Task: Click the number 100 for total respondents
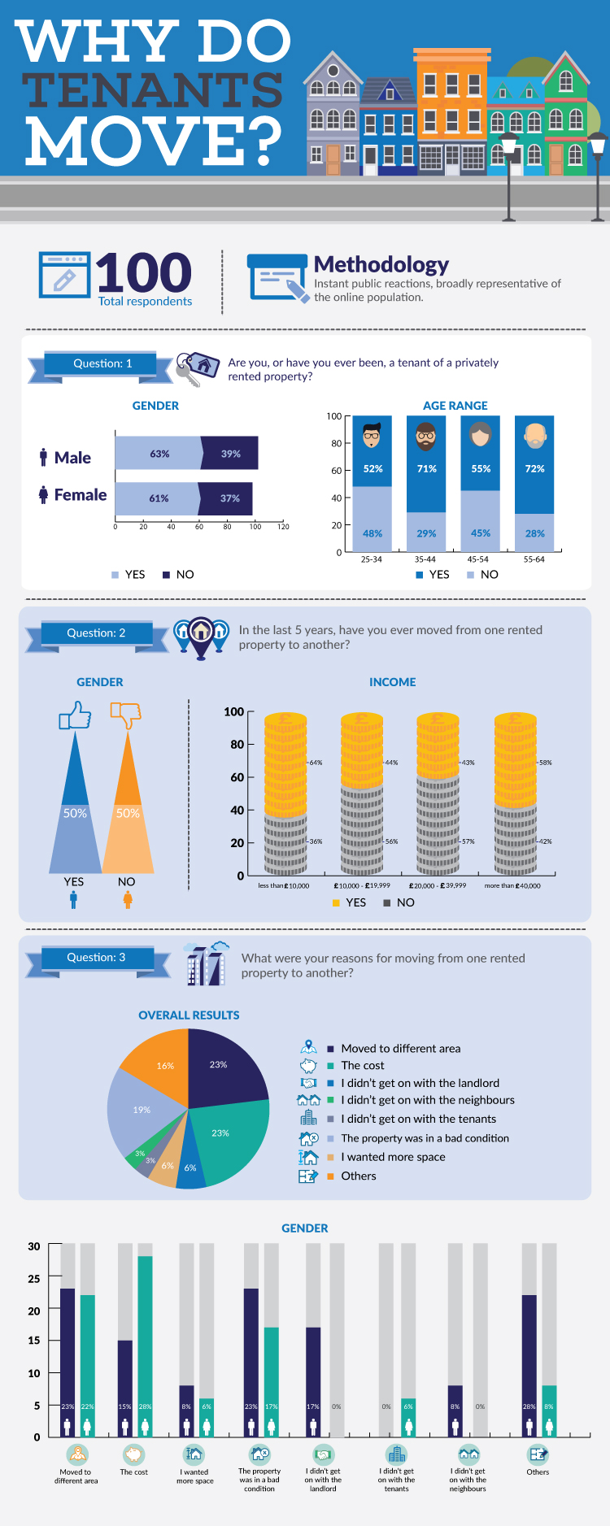(144, 273)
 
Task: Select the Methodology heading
(381, 264)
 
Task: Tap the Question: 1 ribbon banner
(102, 364)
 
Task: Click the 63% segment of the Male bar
(159, 454)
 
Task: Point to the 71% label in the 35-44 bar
(426, 468)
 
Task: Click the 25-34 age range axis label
(372, 559)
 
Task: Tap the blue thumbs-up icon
(75, 715)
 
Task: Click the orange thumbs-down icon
(126, 715)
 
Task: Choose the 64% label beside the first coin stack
(316, 763)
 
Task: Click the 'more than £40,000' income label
(512, 885)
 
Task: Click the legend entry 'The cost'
(362, 1066)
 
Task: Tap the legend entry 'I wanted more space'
(393, 1157)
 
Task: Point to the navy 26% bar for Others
(529, 1358)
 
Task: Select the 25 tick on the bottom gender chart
(33, 1279)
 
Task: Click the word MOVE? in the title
(153, 141)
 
